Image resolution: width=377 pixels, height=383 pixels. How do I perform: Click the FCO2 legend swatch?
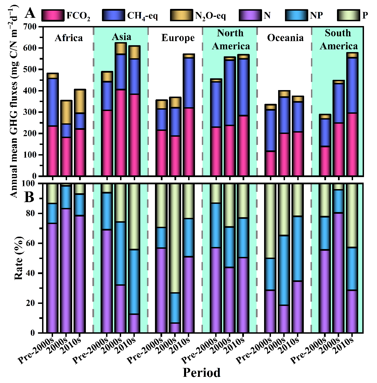click(53, 15)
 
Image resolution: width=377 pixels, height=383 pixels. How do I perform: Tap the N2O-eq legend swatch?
click(181, 15)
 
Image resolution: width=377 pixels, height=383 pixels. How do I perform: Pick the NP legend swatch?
click(296, 15)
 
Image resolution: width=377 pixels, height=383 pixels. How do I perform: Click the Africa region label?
click(69, 38)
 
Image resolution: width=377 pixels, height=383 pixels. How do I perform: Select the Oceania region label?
click(285, 38)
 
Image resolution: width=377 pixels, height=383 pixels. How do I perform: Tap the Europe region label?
click(178, 38)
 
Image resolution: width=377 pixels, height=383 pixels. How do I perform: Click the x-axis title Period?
click(201, 372)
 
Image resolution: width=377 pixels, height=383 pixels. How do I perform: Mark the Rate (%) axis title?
click(19, 258)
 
